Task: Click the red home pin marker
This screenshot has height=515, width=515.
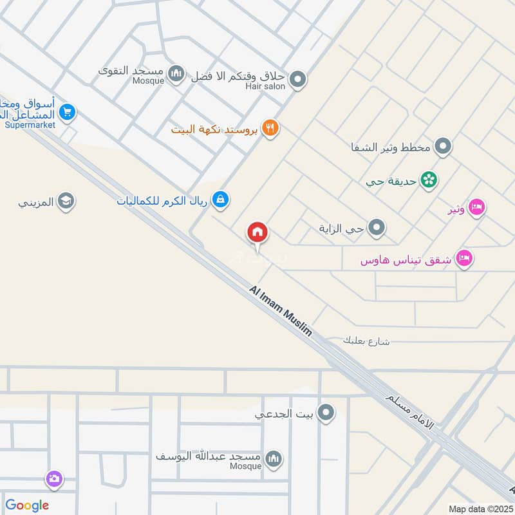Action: (x=257, y=232)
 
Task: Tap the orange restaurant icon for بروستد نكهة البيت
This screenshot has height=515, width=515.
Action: (x=270, y=129)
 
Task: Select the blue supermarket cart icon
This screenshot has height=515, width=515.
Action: (x=67, y=113)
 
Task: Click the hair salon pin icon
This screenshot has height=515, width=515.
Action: (x=297, y=80)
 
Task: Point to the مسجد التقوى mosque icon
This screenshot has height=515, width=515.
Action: (x=176, y=75)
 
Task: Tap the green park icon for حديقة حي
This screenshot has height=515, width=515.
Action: (x=428, y=180)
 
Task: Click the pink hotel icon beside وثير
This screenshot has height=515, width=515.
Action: (x=476, y=207)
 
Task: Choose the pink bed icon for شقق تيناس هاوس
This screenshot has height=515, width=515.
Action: (x=464, y=259)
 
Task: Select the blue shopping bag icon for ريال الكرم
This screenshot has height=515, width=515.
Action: (x=221, y=200)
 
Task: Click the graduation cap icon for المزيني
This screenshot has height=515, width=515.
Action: (x=65, y=202)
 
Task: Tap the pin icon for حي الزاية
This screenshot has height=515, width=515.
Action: (x=377, y=227)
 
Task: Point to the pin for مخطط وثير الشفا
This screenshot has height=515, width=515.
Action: (x=442, y=147)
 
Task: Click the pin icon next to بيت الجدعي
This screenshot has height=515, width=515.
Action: (x=327, y=413)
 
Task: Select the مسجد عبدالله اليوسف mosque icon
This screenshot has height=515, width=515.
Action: (x=274, y=458)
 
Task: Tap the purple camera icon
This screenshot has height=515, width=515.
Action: (x=54, y=479)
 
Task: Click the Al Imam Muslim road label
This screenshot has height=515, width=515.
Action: (x=281, y=312)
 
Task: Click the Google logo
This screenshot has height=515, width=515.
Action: (x=27, y=505)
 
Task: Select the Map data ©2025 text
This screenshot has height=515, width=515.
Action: (x=479, y=509)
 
